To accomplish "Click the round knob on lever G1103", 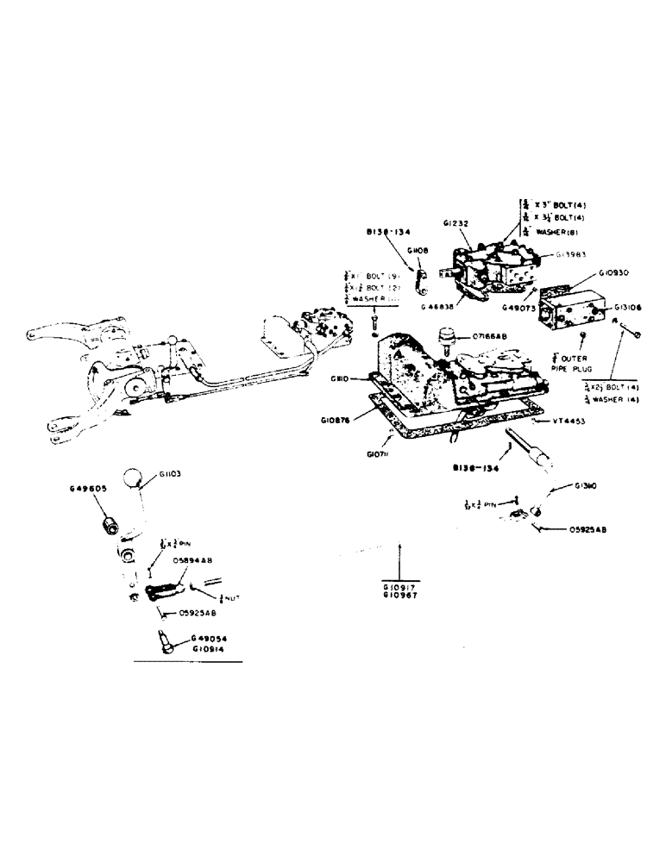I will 131,480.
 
